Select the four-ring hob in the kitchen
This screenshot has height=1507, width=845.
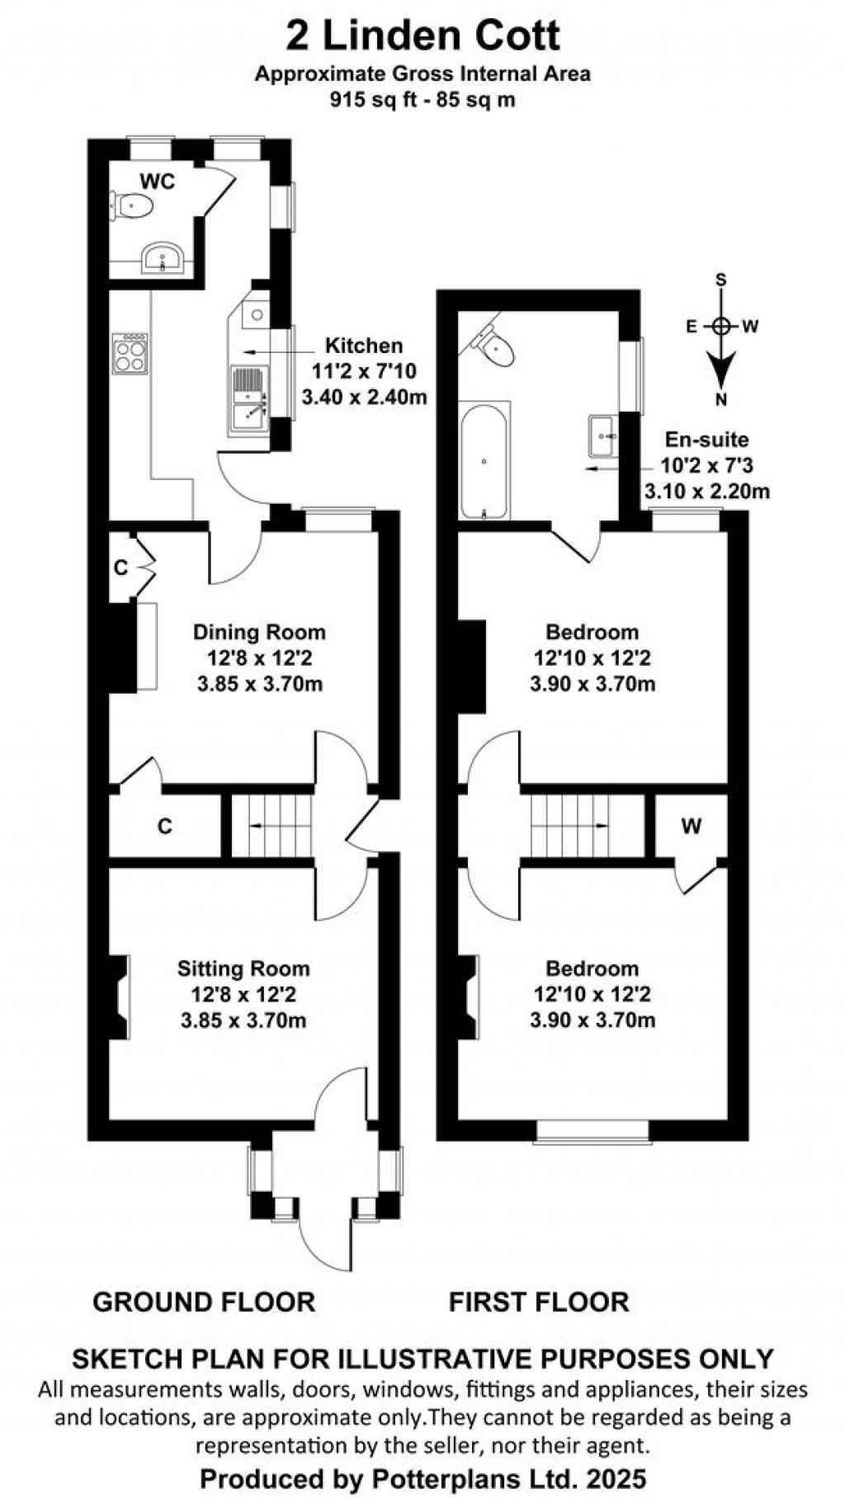pyautogui.click(x=130, y=353)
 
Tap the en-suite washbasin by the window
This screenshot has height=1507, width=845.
pyautogui.click(x=603, y=434)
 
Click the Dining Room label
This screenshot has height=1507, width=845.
pyautogui.click(x=259, y=633)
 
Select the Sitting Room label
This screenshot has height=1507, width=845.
pyautogui.click(x=244, y=968)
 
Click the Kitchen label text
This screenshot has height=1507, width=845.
pyautogui.click(x=364, y=346)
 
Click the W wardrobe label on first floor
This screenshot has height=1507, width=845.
pyautogui.click(x=692, y=826)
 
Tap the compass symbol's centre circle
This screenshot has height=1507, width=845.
pyautogui.click(x=721, y=326)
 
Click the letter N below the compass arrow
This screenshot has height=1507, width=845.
pyautogui.click(x=721, y=400)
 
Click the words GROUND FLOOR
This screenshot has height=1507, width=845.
pyautogui.click(x=204, y=1302)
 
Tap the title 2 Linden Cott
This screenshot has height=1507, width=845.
pyautogui.click(x=422, y=36)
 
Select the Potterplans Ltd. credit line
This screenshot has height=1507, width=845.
pyautogui.click(x=422, y=1479)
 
